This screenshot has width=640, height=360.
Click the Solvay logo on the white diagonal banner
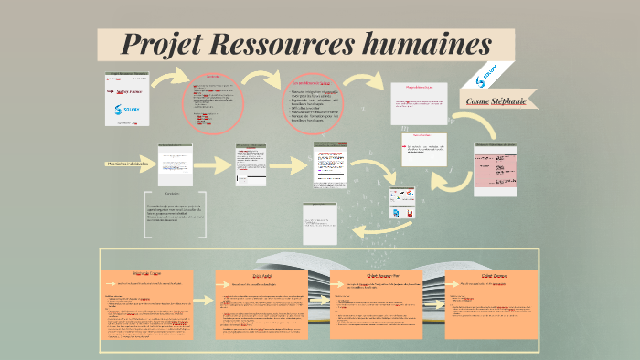tap(489, 72)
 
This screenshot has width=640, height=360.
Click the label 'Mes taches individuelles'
tap(127, 164)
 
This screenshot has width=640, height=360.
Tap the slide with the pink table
tap(495, 169)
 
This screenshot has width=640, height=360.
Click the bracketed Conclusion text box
tap(176, 213)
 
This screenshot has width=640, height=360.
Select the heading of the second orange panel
tap(264, 274)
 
